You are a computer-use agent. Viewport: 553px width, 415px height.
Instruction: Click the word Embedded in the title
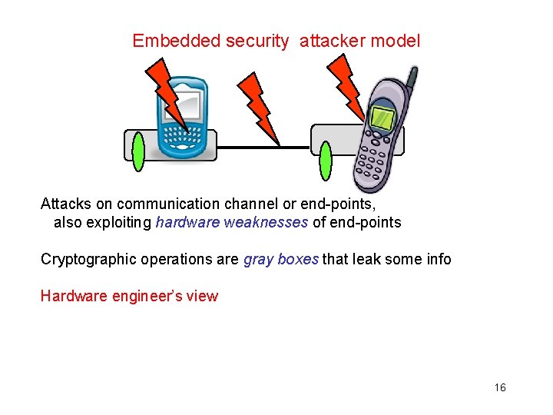click(177, 41)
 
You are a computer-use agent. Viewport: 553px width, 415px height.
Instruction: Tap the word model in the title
click(395, 41)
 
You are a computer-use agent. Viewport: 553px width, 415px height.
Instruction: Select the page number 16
click(500, 387)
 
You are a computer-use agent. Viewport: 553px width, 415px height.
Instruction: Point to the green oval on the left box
click(138, 152)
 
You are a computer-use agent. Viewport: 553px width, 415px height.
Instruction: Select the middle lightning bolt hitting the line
click(261, 108)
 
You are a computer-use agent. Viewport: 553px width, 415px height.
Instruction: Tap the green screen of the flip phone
click(383, 118)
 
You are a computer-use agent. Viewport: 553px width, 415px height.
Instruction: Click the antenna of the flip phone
click(412, 78)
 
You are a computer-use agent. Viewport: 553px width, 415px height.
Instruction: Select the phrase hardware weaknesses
click(232, 223)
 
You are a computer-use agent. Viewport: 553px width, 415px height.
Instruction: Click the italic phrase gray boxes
click(280, 259)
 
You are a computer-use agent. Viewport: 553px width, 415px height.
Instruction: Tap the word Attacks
click(66, 204)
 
